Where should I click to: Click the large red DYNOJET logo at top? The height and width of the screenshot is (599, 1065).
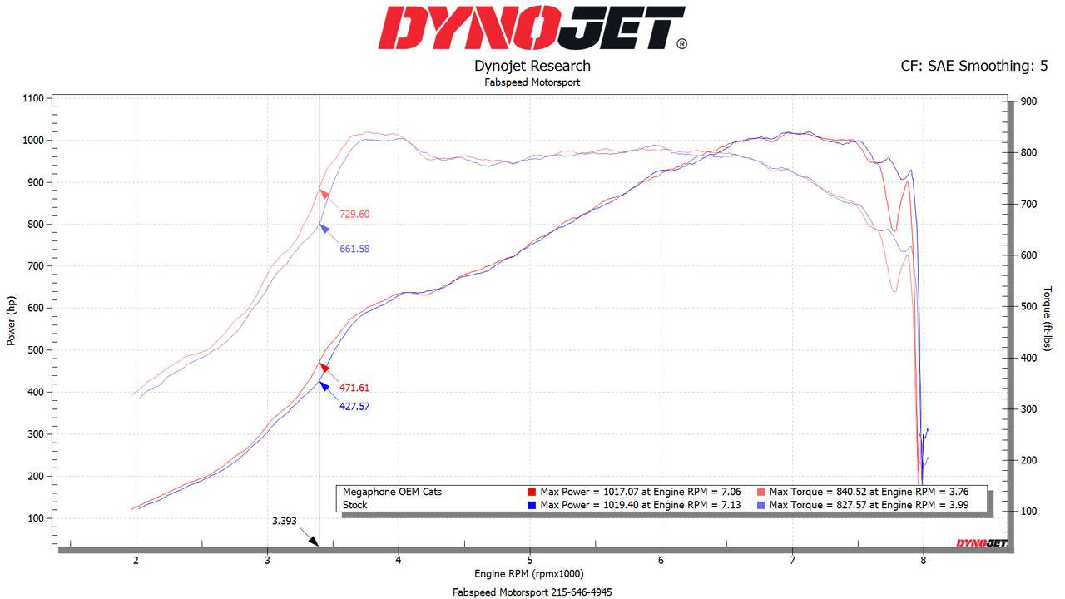pyautogui.click(x=532, y=28)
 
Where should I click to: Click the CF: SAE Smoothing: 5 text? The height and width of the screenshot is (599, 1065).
pyautogui.click(x=973, y=66)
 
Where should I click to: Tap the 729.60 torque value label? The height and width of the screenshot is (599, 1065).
pyautogui.click(x=354, y=215)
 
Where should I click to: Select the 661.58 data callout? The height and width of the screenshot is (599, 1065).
pyautogui.click(x=354, y=249)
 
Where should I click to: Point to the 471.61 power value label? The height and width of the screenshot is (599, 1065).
pyautogui.click(x=354, y=388)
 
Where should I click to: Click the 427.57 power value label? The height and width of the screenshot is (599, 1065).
pyautogui.click(x=354, y=407)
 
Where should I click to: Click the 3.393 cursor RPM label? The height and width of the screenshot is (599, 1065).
pyautogui.click(x=284, y=522)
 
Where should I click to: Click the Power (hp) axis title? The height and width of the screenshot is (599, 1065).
pyautogui.click(x=12, y=320)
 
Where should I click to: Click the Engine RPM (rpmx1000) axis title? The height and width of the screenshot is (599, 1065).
pyautogui.click(x=529, y=574)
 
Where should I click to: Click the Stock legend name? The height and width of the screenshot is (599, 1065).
pyautogui.click(x=355, y=505)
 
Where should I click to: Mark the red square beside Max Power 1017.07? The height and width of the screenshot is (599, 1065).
pyautogui.click(x=532, y=492)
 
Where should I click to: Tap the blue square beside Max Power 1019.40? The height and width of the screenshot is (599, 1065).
pyautogui.click(x=532, y=505)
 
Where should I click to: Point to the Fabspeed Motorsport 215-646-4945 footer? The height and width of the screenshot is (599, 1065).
pyautogui.click(x=532, y=592)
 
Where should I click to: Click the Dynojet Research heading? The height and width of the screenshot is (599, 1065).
pyautogui.click(x=532, y=66)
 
